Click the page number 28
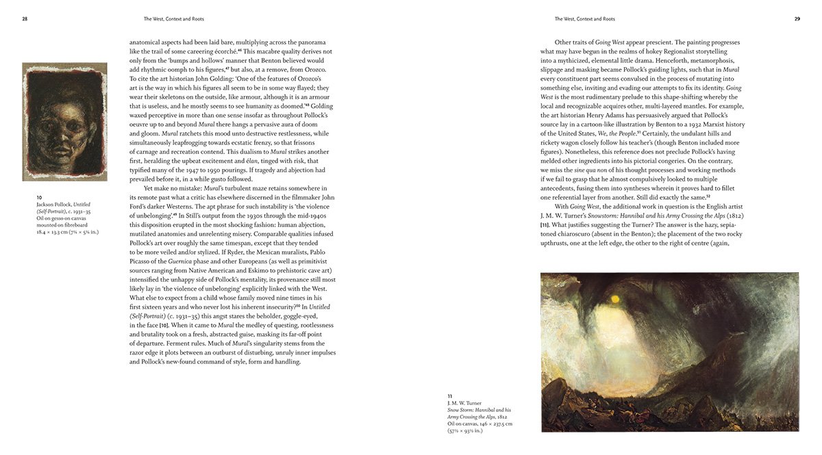[25, 19]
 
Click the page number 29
[797, 19]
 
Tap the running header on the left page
[174, 19]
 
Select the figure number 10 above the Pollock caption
[39, 197]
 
